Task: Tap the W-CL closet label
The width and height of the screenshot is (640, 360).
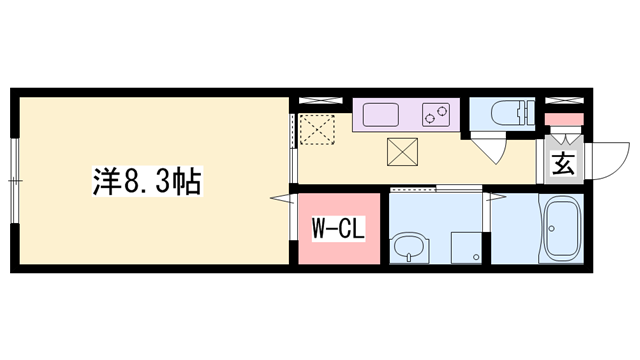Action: click(335, 229)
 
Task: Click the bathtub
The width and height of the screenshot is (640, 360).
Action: click(566, 232)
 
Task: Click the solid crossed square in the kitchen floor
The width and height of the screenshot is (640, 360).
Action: click(405, 152)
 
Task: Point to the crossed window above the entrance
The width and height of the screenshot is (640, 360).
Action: click(564, 101)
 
